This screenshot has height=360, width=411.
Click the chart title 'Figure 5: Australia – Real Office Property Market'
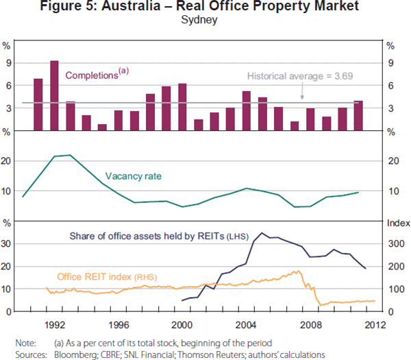(206, 8)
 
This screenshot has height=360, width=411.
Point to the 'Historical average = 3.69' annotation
(300, 76)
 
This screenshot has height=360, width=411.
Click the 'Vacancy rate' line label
(134, 176)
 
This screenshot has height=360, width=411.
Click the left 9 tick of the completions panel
(9, 63)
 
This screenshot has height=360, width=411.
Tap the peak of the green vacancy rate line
(70, 155)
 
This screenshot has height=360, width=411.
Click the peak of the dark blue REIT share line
(261, 233)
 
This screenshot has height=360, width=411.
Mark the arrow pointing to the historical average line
(302, 95)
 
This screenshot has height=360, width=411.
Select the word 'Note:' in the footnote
(25, 342)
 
